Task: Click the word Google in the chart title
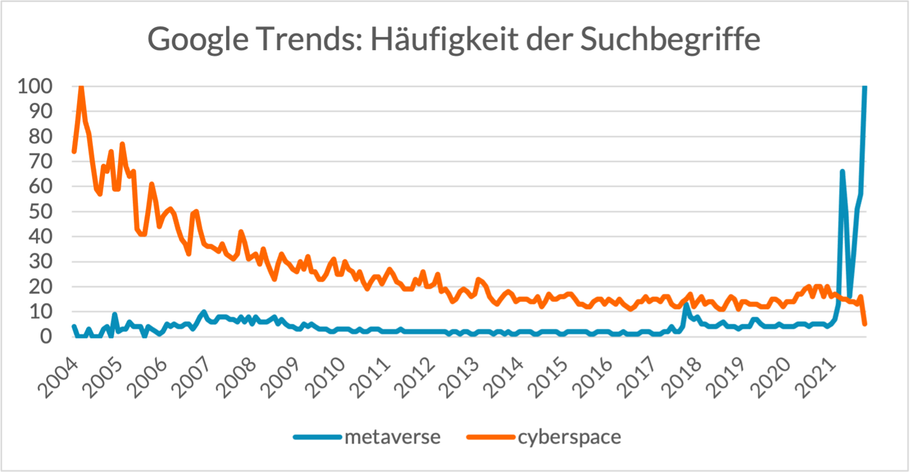pos(198,40)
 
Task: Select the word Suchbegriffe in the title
pos(670,40)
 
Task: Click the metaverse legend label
pos(393,437)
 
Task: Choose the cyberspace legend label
pos(569,437)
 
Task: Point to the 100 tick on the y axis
pos(35,86)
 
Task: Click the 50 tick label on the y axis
pos(40,211)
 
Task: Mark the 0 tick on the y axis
pos(46,336)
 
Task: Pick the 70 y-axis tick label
pos(40,161)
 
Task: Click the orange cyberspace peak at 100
pos(81,87)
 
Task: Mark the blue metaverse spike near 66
pos(842,172)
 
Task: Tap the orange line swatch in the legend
pos(490,437)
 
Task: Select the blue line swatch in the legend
pos(317,437)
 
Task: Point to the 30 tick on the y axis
pos(40,261)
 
